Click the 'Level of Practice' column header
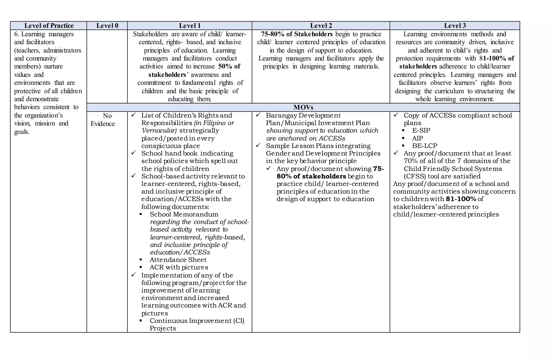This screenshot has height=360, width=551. pyautogui.click(x=49, y=26)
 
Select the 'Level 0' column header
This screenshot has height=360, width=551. pyautogui.click(x=107, y=26)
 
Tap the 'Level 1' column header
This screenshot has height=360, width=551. pyautogui.click(x=190, y=26)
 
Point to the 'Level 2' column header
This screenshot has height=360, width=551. pyautogui.click(x=321, y=26)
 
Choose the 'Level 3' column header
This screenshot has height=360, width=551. pyautogui.click(x=455, y=26)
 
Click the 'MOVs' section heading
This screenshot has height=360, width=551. pyautogui.click(x=303, y=107)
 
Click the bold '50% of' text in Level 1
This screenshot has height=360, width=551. pyautogui.click(x=229, y=66)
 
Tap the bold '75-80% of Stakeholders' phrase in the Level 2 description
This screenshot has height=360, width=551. pyautogui.click(x=296, y=34)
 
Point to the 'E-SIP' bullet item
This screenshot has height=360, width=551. pyautogui.click(x=421, y=130)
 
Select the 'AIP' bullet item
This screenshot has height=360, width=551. pyautogui.click(x=417, y=138)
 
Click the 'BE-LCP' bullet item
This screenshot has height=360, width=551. pyautogui.click(x=425, y=146)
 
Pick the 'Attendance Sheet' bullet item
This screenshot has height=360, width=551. pyautogui.click(x=178, y=260)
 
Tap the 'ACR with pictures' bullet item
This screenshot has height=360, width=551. pyautogui.click(x=179, y=267)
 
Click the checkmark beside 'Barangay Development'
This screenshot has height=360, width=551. pyautogui.click(x=258, y=115)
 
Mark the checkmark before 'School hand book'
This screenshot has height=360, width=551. pyautogui.click(x=133, y=153)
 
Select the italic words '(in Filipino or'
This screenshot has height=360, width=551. pyautogui.click(x=214, y=123)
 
